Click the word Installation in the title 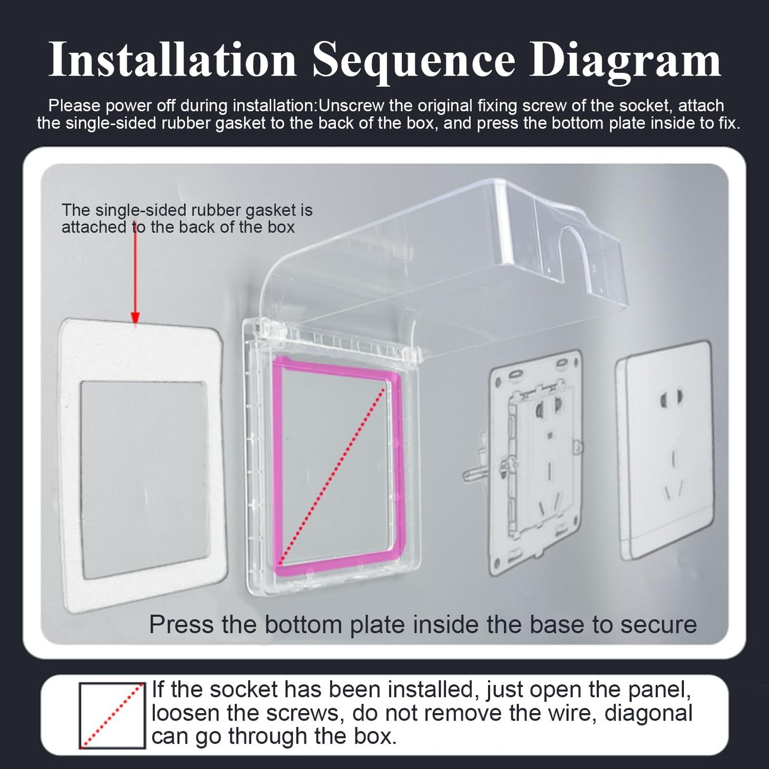pyautogui.click(x=172, y=60)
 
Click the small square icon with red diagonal pyautogui.click(x=112, y=716)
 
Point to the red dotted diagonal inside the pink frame pyautogui.click(x=332, y=476)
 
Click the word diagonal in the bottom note pyautogui.click(x=649, y=713)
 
